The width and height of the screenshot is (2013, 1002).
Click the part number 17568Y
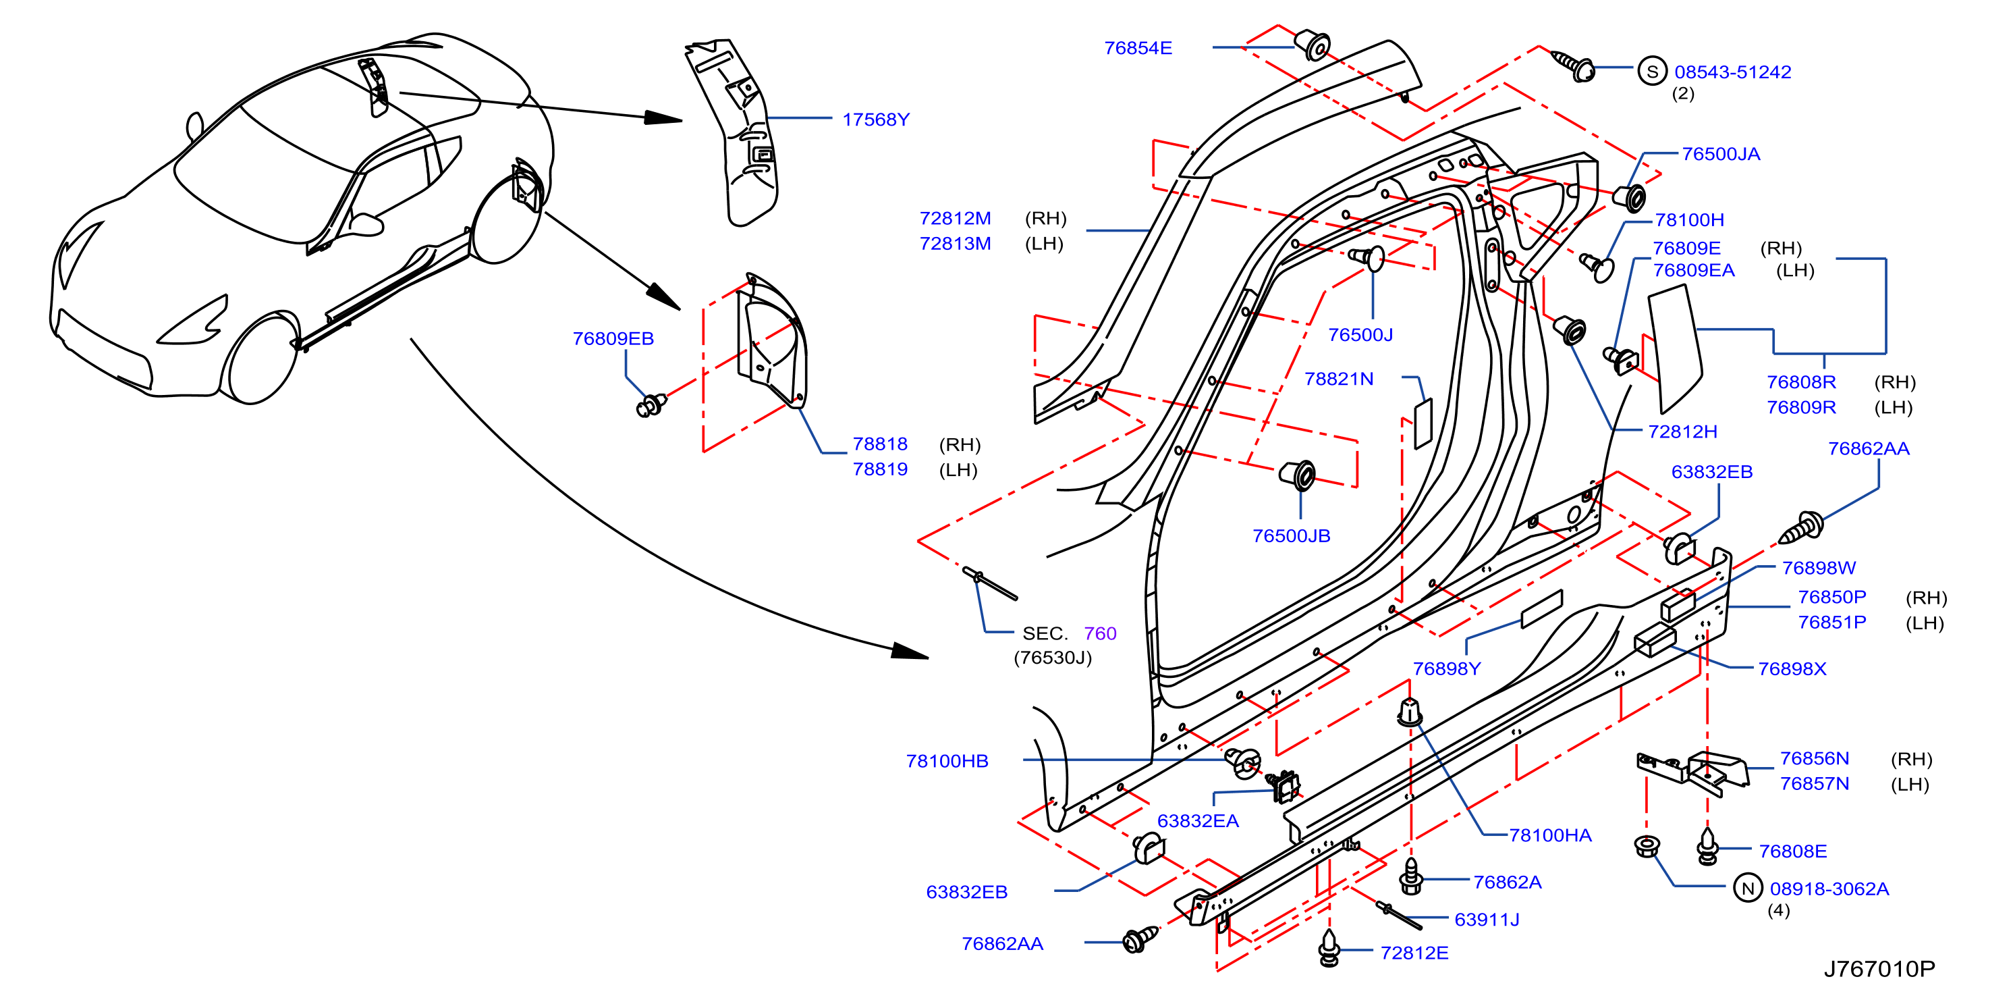[x=875, y=120]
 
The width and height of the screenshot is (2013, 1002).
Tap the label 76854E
[x=1138, y=48]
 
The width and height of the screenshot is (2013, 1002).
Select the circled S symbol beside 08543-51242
[x=1652, y=72]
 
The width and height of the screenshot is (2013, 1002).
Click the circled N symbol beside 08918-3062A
[x=1748, y=889]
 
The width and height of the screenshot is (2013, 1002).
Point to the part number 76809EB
[x=613, y=338]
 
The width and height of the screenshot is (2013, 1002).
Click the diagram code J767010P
[x=1879, y=969]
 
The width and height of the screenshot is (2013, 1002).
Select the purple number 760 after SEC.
[x=1100, y=633]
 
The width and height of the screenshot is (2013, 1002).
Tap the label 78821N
[x=1339, y=378]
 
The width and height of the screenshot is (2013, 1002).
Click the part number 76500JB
[x=1291, y=535]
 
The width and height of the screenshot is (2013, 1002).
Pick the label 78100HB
[x=947, y=760]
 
